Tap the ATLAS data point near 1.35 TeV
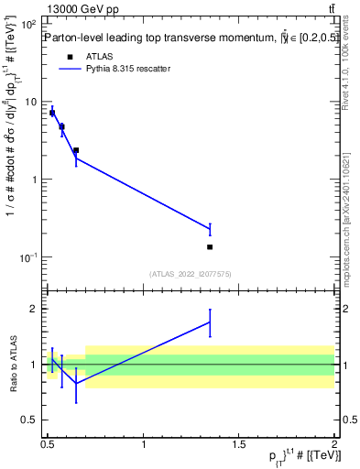[210, 247]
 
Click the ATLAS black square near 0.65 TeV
[76, 150]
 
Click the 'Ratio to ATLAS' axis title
[12, 364]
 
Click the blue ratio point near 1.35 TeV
[210, 322]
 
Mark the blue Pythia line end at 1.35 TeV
[210, 229]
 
